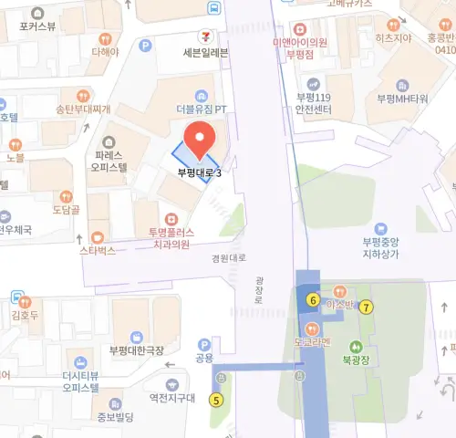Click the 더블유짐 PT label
[x=200, y=109]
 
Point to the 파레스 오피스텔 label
[x=109, y=162]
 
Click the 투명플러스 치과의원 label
[x=171, y=238]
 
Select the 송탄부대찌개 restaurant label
[x=83, y=109]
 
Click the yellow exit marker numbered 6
[x=313, y=300]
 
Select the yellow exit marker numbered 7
[x=367, y=307]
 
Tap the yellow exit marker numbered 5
[x=216, y=399]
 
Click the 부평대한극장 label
[x=137, y=350]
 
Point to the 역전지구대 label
[x=172, y=397]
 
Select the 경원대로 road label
[x=228, y=258]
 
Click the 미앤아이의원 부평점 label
[x=300, y=48]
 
